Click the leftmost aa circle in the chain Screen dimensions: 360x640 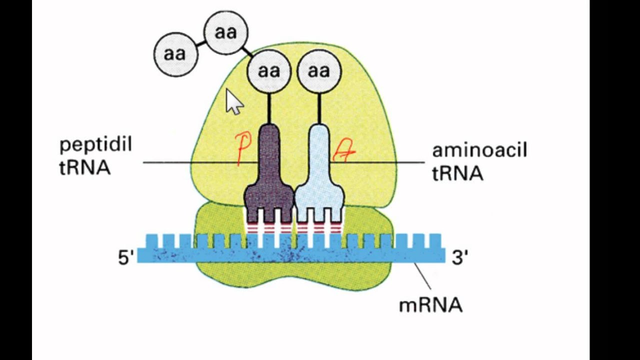tap(175, 54)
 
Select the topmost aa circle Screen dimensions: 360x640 tap(226, 33)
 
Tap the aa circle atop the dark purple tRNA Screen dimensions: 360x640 tap(269, 71)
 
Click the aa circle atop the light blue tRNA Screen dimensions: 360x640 tap(319, 71)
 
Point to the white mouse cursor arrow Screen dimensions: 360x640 tap(233, 102)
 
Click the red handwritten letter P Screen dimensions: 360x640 tap(243, 148)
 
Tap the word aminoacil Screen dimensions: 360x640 tap(479, 150)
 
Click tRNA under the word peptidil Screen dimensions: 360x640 tap(84, 168)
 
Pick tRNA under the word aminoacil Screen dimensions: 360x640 tap(457, 173)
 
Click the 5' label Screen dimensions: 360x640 tap(126, 257)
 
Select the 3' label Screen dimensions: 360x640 tap(459, 257)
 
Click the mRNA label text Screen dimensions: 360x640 tap(430, 304)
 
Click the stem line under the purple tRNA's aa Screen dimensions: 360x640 tap(269, 108)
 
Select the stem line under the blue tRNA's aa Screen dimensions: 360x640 tap(319, 108)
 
